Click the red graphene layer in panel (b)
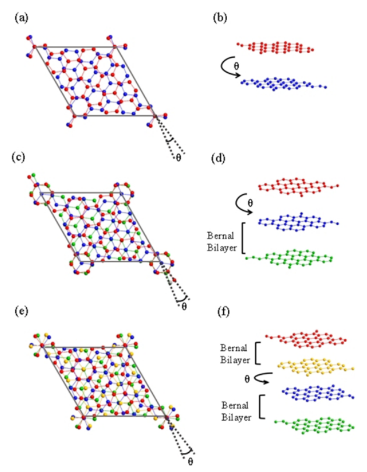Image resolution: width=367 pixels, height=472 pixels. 274,47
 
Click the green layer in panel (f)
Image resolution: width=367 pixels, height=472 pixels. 315,424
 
